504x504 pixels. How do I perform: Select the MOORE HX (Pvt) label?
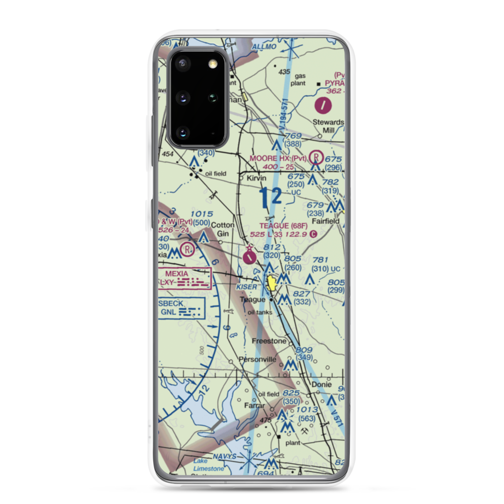(278, 158)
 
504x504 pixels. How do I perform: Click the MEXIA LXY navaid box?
(183, 279)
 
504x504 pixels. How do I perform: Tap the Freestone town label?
(269, 341)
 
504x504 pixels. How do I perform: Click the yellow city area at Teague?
(273, 283)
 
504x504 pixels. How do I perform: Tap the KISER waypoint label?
(246, 286)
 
